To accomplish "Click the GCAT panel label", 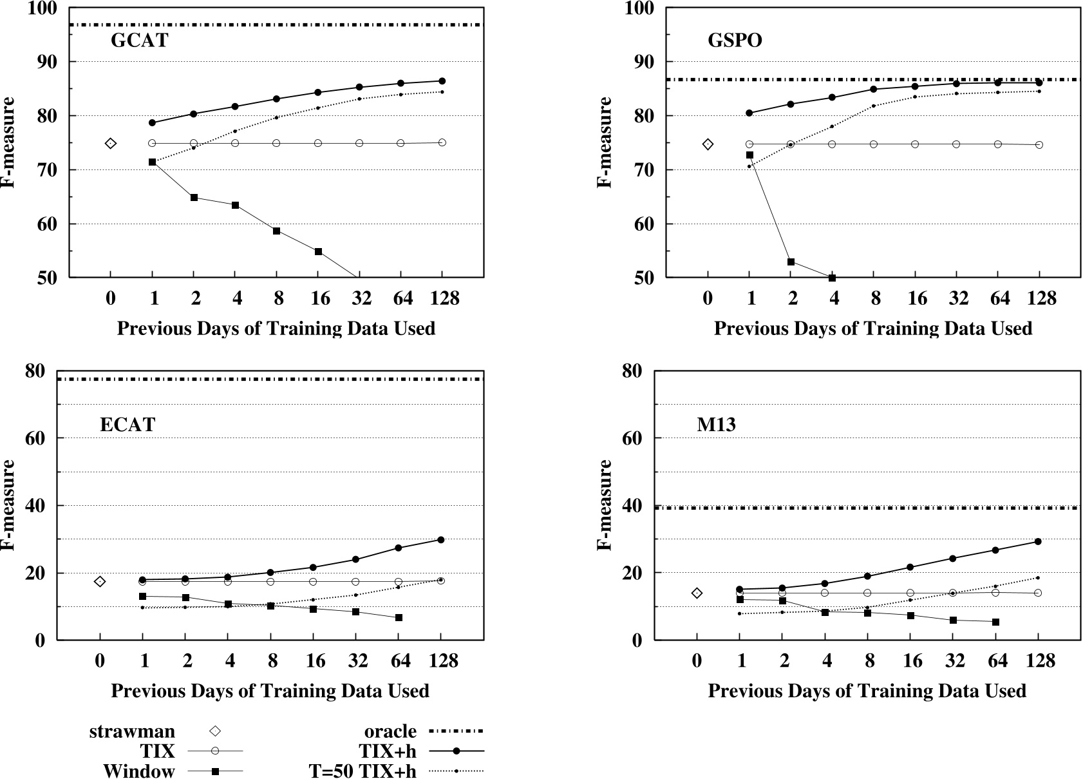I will [139, 41].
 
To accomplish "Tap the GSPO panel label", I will [735, 41].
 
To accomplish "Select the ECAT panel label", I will [127, 425].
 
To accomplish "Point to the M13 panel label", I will [716, 425].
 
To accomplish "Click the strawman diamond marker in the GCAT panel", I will [111, 143].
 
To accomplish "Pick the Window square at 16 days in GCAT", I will [318, 251].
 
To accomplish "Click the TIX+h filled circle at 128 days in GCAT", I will [442, 81].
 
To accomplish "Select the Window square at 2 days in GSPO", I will [791, 262].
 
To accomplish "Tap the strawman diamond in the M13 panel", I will [697, 593].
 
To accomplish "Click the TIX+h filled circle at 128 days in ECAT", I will [440, 539].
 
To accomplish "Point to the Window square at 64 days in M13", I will [995, 622].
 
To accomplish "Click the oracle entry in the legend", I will [390, 731].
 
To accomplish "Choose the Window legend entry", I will [138, 771].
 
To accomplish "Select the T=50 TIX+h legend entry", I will [362, 771].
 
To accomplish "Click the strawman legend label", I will [132, 731].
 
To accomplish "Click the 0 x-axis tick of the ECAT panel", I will [100, 661].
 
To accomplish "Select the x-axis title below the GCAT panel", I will [276, 329].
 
